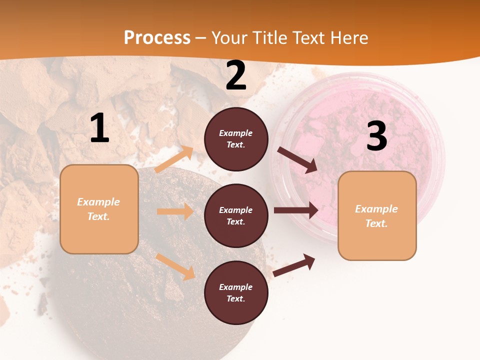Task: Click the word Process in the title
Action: click(157, 38)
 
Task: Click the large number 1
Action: click(99, 128)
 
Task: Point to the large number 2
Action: click(236, 75)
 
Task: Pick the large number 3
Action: click(376, 136)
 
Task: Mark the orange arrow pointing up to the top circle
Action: click(174, 159)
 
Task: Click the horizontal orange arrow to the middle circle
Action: click(175, 211)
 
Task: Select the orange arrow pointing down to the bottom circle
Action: click(175, 266)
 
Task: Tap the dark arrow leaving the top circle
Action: click(297, 160)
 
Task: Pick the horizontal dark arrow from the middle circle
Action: click(296, 210)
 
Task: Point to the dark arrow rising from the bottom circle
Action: click(294, 265)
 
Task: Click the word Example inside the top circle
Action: click(236, 133)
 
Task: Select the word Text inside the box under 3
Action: click(376, 223)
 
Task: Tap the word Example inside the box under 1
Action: click(98, 202)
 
